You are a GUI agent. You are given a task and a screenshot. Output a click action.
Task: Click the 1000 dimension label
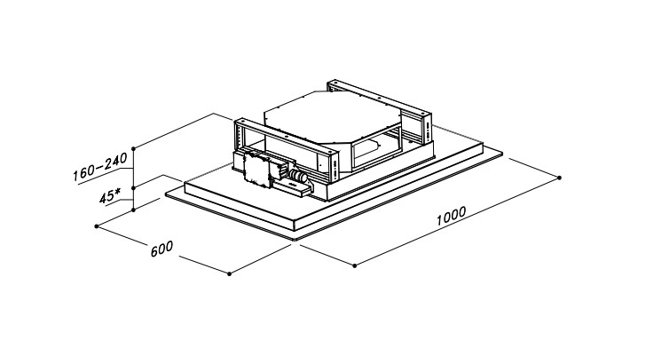pyautogui.click(x=451, y=216)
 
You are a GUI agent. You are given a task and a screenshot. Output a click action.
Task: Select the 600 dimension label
pyautogui.click(x=161, y=249)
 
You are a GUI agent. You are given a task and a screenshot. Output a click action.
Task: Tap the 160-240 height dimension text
pyautogui.click(x=100, y=168)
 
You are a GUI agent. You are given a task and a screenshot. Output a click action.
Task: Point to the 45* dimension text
pyautogui.click(x=110, y=196)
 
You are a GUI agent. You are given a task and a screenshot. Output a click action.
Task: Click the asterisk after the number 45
pyautogui.click(x=118, y=192)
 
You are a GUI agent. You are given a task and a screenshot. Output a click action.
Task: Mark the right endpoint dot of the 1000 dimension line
pyautogui.click(x=559, y=178)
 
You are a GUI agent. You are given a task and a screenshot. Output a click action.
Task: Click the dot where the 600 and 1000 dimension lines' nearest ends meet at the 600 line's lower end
pyautogui.click(x=230, y=273)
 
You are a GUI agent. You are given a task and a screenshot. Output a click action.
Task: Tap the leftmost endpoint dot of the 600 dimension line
pyautogui.click(x=97, y=226)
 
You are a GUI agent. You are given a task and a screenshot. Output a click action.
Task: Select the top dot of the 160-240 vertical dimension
pyautogui.click(x=133, y=148)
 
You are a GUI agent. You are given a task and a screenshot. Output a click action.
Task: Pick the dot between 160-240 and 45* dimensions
pyautogui.click(x=133, y=188)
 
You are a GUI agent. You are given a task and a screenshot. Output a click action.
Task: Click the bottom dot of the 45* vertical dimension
pyautogui.click(x=133, y=210)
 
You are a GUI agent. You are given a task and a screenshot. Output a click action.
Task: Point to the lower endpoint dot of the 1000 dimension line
pyautogui.click(x=355, y=265)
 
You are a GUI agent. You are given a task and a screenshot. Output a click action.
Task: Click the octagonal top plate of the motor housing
pyautogui.click(x=332, y=116)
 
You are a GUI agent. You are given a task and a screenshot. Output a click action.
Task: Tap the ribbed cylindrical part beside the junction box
pyautogui.click(x=298, y=176)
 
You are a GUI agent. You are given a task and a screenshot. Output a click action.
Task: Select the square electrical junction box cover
pyautogui.click(x=256, y=170)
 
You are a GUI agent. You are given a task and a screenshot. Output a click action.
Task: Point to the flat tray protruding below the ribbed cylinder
pyautogui.click(x=294, y=189)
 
